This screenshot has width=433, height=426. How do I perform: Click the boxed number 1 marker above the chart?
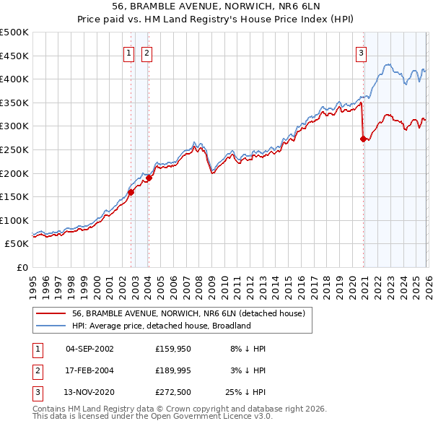tap(128, 52)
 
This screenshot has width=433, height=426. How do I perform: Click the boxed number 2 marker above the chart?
tap(146, 52)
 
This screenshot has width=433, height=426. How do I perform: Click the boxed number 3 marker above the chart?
tap(360, 52)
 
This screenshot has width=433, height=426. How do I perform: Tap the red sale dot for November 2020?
tap(363, 139)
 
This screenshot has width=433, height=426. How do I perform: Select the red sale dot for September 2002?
tap(131, 192)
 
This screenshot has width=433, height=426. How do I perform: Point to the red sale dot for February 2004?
tap(149, 178)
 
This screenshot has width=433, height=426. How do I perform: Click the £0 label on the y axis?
tap(22, 267)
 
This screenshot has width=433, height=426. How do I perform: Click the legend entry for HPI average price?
tap(160, 326)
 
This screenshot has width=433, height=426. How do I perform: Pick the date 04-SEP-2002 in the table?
tap(89, 348)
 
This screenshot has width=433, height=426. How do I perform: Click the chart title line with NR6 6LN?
tap(216, 7)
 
